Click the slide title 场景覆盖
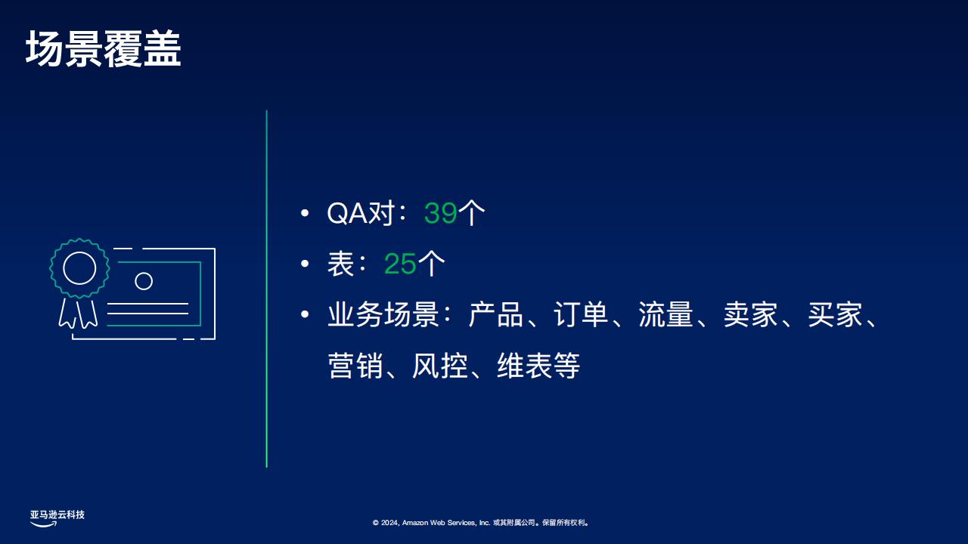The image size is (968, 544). [104, 49]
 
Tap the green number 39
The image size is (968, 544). [440, 213]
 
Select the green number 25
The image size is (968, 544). [400, 264]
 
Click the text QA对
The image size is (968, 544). [361, 213]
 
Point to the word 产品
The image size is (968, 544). [496, 314]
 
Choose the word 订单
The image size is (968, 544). [581, 314]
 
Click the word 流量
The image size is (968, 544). [665, 314]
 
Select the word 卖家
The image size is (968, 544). [751, 314]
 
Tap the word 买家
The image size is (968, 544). [836, 314]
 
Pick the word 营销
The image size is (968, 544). [355, 365]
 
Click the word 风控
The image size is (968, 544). [440, 365]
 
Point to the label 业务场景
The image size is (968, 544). [383, 314]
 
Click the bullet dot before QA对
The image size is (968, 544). [305, 213]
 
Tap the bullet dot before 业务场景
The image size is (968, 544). [305, 314]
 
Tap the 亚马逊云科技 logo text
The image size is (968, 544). [57, 515]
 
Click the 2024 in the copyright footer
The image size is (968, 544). [389, 523]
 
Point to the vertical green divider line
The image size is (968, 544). [267, 289]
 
